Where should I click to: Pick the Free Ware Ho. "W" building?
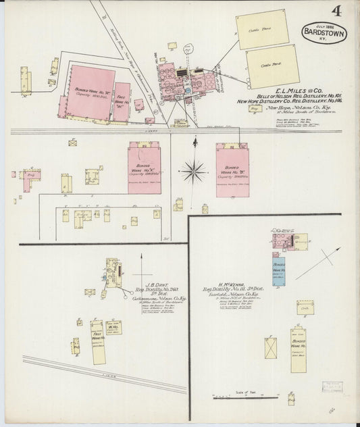[122, 101]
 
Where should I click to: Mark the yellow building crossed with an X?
[272, 347]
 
